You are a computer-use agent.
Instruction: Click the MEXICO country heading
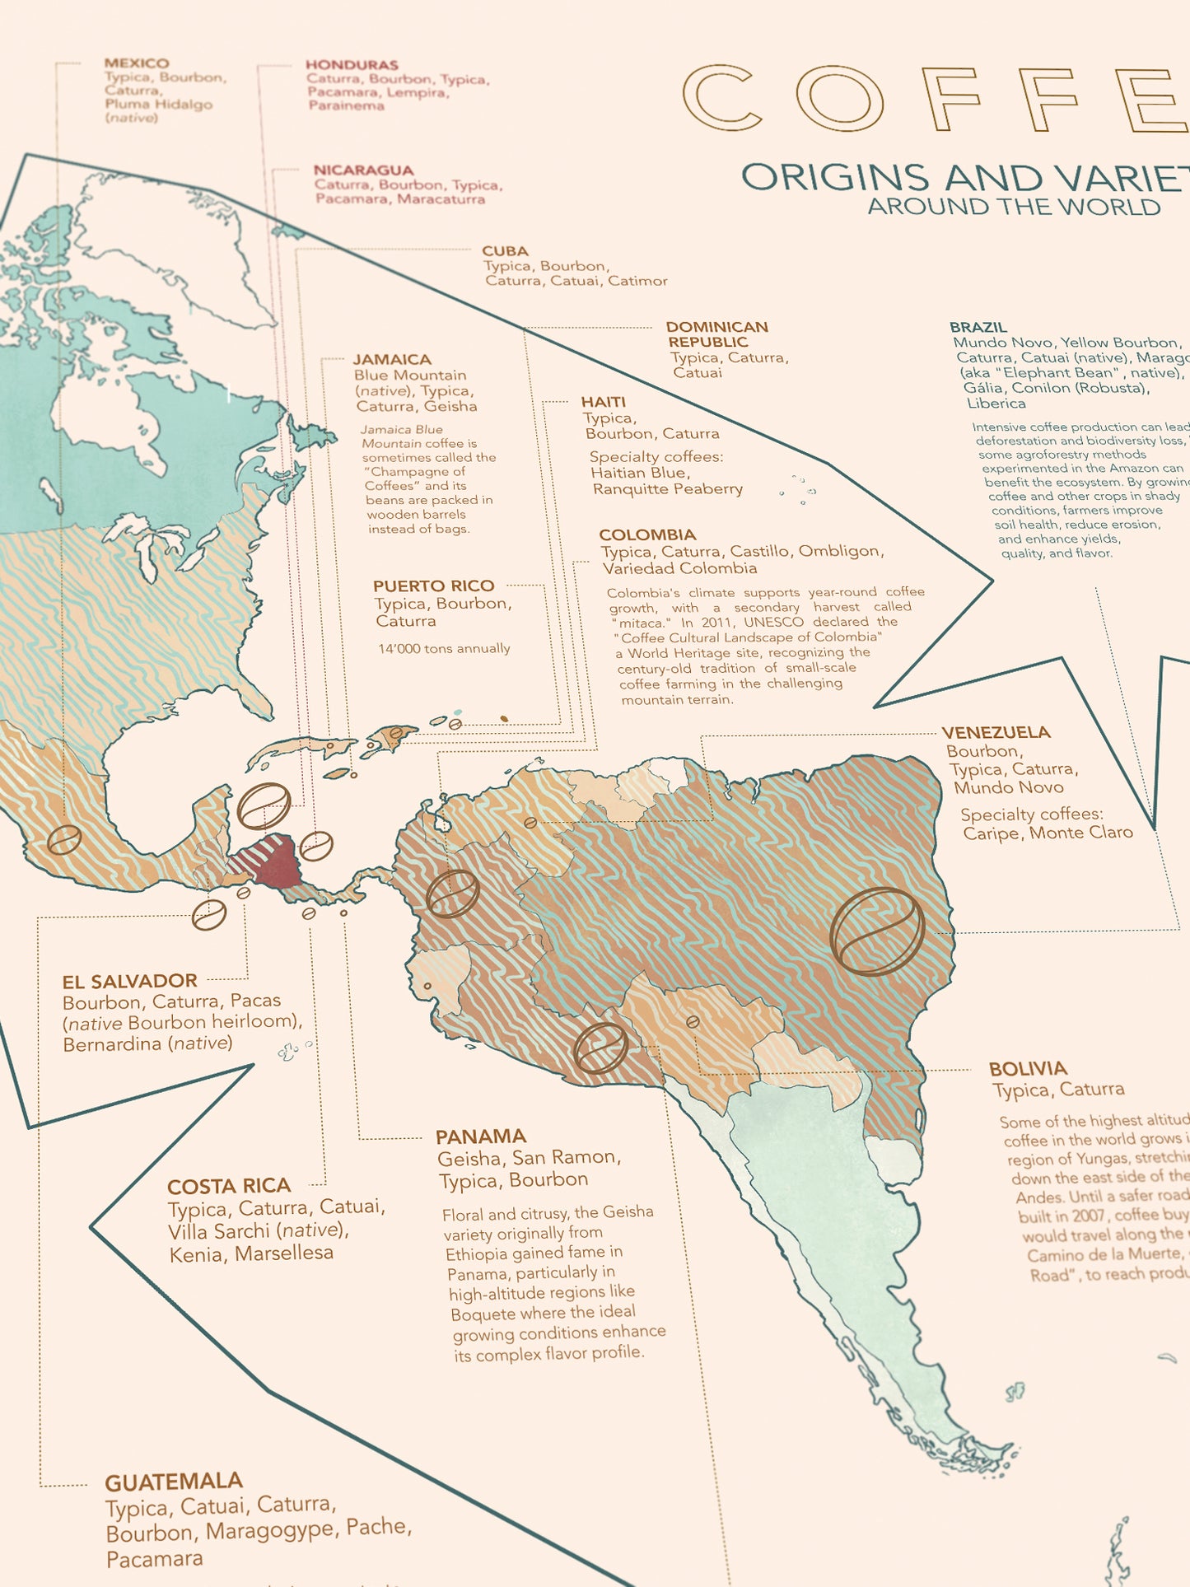point(137,63)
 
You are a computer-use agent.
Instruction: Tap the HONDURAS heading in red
point(352,65)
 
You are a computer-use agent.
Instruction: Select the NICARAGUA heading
point(363,170)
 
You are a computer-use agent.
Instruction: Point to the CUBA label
point(505,251)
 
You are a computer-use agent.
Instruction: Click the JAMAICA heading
point(392,360)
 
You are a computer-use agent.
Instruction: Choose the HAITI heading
point(603,402)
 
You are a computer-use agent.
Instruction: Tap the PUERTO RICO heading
point(433,586)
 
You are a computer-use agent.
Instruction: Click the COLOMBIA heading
point(647,535)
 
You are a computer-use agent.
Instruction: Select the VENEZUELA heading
point(996,733)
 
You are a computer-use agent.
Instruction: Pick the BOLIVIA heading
point(1027,1069)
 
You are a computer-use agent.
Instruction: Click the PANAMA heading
point(480,1137)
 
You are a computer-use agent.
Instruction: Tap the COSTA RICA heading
point(228,1187)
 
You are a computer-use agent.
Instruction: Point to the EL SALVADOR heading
point(129,982)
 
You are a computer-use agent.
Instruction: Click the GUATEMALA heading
point(173,1482)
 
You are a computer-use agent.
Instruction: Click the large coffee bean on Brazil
point(877,931)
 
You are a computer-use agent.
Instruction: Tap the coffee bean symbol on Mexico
point(63,840)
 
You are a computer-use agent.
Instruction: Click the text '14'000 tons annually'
point(444,649)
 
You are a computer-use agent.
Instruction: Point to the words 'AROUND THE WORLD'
point(1013,208)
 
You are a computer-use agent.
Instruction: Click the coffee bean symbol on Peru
point(600,1048)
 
